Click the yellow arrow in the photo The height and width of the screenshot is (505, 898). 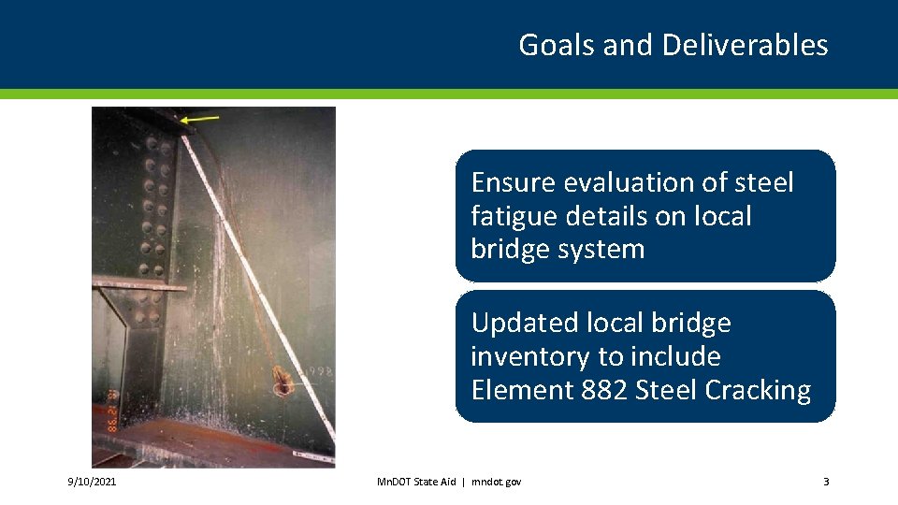[x=200, y=119]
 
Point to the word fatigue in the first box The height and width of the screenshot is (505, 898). [x=515, y=216]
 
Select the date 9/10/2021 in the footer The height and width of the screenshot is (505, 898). [x=92, y=482]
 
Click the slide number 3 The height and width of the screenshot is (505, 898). [x=825, y=482]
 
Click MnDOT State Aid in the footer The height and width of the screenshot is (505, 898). [x=415, y=482]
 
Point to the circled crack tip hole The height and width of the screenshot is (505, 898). [x=281, y=381]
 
